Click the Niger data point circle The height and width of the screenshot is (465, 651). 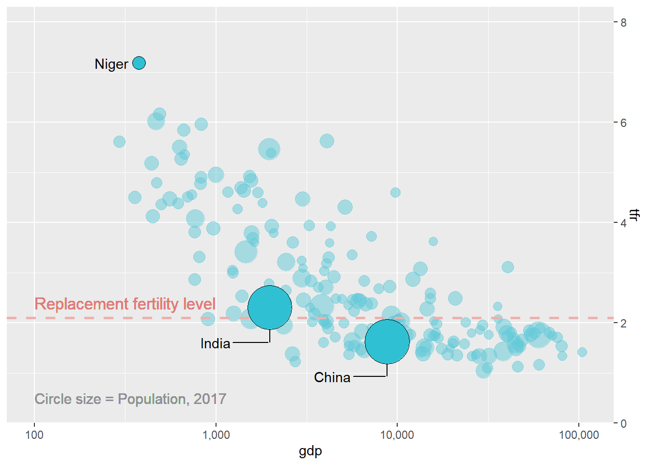[x=139, y=63]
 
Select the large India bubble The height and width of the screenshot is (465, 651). [x=270, y=307]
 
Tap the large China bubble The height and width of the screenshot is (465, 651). [x=387, y=341]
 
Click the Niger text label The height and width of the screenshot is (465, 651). [x=111, y=64]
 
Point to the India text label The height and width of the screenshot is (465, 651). [x=215, y=343]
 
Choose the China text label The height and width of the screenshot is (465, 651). [x=332, y=377]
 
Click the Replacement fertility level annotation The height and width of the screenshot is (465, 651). [x=125, y=304]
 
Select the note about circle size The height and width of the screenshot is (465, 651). [x=130, y=399]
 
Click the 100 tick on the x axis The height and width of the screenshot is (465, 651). [x=34, y=434]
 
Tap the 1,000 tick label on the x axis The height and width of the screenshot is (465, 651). [x=216, y=434]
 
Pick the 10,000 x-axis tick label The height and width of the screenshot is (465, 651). [x=397, y=434]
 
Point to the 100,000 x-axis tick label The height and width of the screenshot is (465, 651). [x=579, y=434]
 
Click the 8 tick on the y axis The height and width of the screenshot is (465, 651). [x=623, y=22]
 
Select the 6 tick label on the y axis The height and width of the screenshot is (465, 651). [x=623, y=123]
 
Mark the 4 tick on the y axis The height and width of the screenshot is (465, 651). [x=623, y=223]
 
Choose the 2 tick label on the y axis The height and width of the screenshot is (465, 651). [x=623, y=323]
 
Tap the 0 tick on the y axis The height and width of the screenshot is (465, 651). [x=623, y=423]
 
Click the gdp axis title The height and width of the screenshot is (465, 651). [x=310, y=451]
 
